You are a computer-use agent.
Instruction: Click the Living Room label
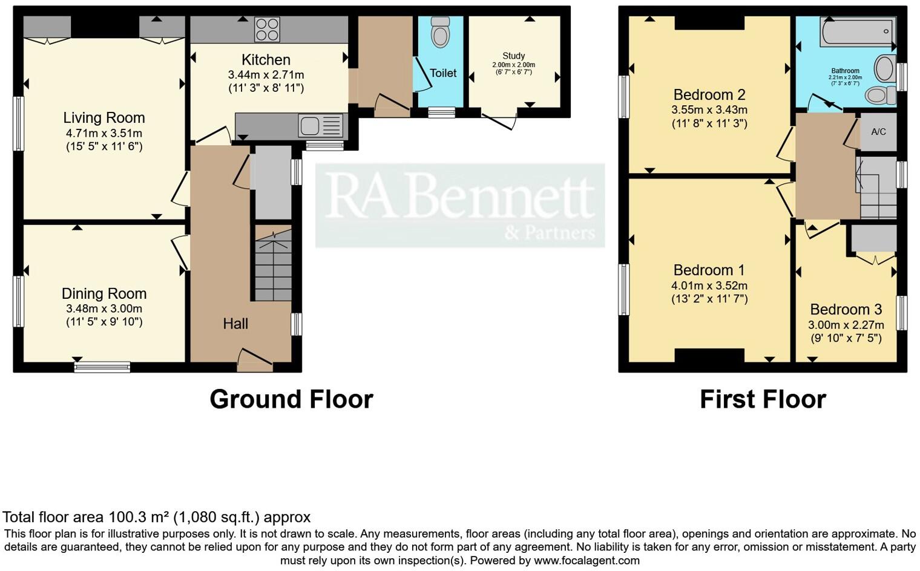coord(104,117)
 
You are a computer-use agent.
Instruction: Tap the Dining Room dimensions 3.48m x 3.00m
coord(104,308)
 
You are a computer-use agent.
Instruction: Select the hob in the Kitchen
coord(267,29)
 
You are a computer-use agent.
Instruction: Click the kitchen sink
coord(310,126)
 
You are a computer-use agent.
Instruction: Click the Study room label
coord(513,56)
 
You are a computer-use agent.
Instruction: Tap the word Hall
coord(235,324)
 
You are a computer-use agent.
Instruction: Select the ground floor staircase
coord(272,266)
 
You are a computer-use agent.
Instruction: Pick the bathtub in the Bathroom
coord(857,31)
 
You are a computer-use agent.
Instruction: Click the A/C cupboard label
coord(878,131)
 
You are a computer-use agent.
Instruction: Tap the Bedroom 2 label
coord(709,95)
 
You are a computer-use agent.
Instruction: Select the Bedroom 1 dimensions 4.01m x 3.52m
coord(709,285)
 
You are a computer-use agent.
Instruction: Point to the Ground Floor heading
coord(291,399)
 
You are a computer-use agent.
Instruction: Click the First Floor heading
coord(763,399)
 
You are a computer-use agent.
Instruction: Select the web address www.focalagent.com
coord(586,560)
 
